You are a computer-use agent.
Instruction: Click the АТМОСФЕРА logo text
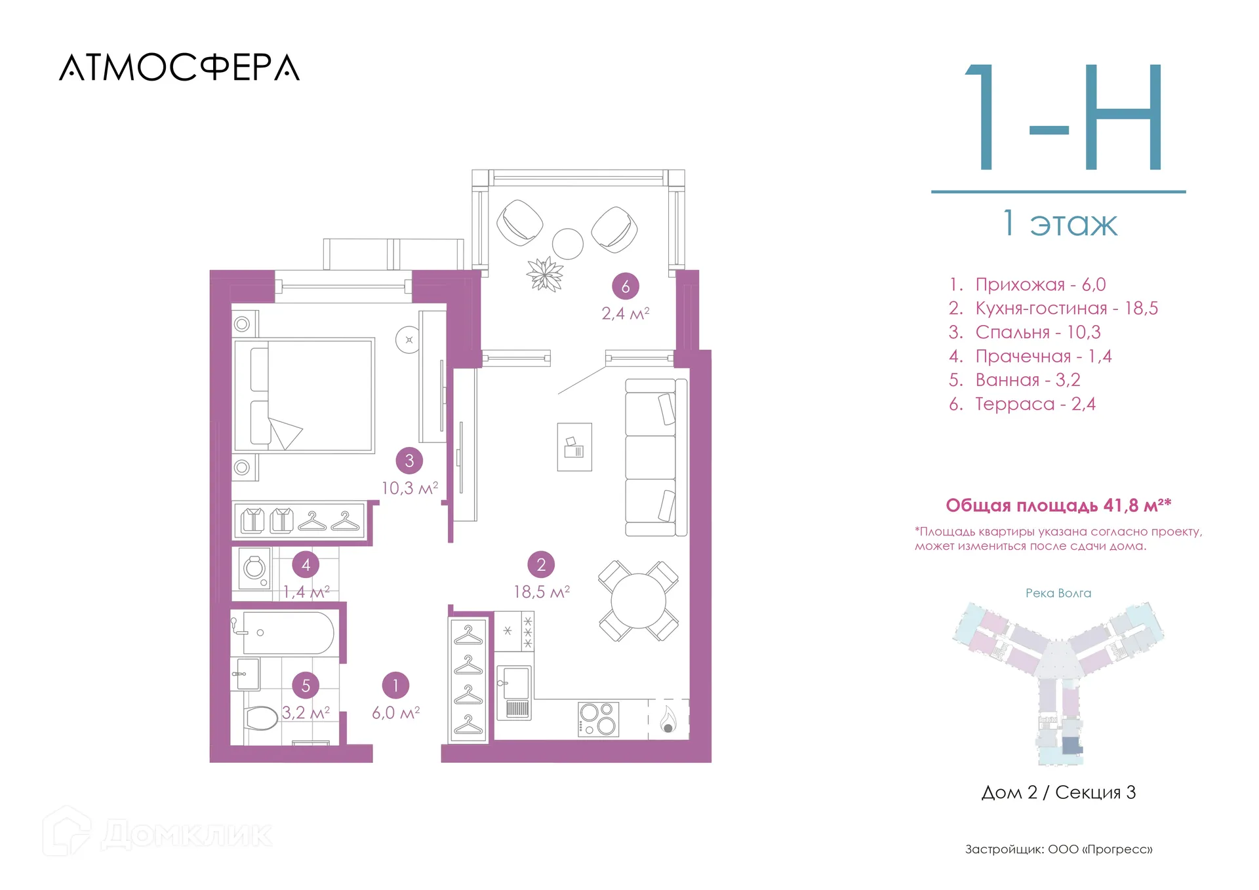pos(179,68)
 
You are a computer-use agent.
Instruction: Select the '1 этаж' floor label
pos(1060,223)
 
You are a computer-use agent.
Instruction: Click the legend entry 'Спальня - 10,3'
pos(1025,332)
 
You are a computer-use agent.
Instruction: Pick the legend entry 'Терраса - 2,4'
pos(1022,404)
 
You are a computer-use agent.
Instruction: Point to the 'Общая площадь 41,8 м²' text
pos(1058,505)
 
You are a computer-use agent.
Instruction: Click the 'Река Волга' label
pos(1058,593)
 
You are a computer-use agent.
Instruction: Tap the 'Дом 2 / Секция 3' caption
pos(1058,792)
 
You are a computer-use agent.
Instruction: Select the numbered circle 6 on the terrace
pos(626,286)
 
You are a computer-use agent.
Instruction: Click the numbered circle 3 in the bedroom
pos(409,461)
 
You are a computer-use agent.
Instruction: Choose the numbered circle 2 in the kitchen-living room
pos(541,564)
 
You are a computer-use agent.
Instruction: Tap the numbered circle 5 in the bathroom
pos(306,686)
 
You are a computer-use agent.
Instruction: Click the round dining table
pos(638,601)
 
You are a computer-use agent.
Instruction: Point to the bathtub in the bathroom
pos(288,633)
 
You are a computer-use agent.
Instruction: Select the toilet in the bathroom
pos(261,718)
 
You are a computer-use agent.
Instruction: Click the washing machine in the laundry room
pos(254,568)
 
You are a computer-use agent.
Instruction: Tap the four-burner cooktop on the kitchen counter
pos(598,719)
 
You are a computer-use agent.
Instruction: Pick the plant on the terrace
pos(545,274)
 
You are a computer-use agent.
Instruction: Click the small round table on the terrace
pos(568,244)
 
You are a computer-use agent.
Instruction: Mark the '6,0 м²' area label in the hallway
pos(395,712)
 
